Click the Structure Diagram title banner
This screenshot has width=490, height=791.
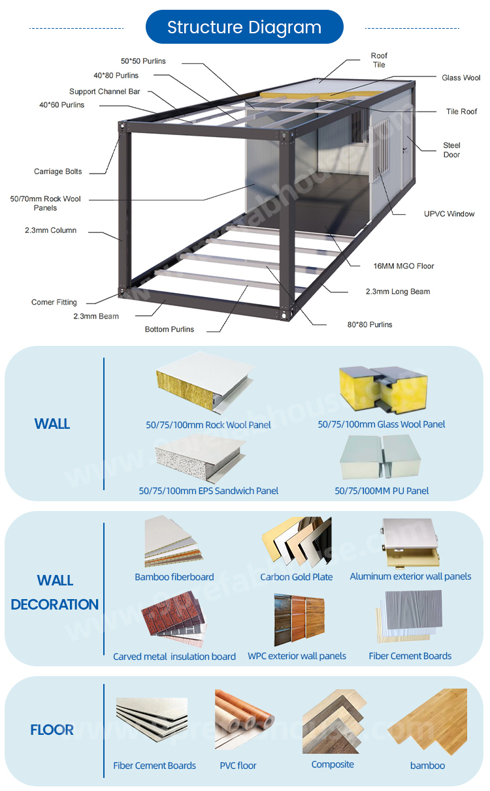pyautogui.click(x=244, y=27)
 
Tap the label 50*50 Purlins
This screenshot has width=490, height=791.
pyautogui.click(x=143, y=61)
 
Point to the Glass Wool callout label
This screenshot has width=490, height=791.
pyautogui.click(x=461, y=78)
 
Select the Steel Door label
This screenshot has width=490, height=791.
pyautogui.click(x=452, y=149)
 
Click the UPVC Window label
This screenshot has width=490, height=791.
pyautogui.click(x=449, y=213)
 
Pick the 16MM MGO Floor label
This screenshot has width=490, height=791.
pyautogui.click(x=404, y=266)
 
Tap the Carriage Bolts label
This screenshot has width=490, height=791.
pyautogui.click(x=58, y=171)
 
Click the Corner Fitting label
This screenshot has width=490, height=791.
pyautogui.click(x=54, y=302)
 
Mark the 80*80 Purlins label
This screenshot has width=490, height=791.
pyautogui.click(x=370, y=324)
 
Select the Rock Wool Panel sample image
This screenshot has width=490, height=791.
pyautogui.click(x=205, y=382)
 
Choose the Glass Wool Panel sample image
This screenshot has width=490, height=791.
pyautogui.click(x=384, y=389)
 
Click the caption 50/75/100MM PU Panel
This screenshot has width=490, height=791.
pyautogui.click(x=382, y=491)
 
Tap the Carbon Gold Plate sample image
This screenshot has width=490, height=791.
pyautogui.click(x=297, y=542)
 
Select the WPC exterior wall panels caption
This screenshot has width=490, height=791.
pyautogui.click(x=297, y=656)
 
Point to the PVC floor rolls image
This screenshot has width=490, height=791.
pyautogui.click(x=244, y=720)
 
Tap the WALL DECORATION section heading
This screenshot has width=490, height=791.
pyautogui.click(x=55, y=592)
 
